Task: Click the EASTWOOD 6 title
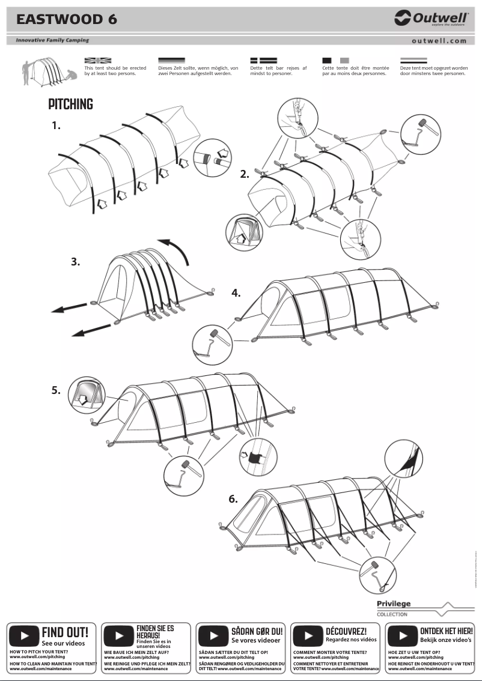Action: point(67,19)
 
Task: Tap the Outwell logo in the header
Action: point(431,19)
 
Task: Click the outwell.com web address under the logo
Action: point(439,41)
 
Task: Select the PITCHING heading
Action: point(70,104)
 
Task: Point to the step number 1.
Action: point(56,126)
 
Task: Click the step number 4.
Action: point(236,293)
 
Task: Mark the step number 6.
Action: point(233,499)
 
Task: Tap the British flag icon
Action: point(98,61)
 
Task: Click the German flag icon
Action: point(171,61)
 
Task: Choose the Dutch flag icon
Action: point(413,61)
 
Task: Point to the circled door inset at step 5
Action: point(87,395)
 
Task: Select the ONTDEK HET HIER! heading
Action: point(446,631)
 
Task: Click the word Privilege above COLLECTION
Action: point(394,604)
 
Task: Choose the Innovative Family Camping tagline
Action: point(52,40)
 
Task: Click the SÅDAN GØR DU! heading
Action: point(257,632)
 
